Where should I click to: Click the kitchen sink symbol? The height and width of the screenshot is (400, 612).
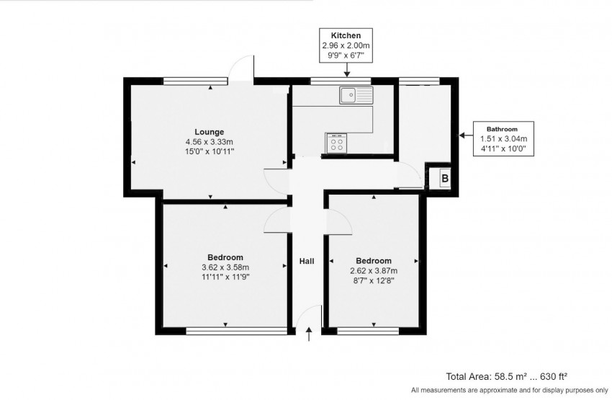click(x=356, y=94)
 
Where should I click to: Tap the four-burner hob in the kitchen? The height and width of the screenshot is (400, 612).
click(x=336, y=143)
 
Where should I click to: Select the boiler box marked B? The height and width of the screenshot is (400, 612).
click(x=444, y=178)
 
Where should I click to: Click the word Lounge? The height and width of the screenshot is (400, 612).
click(x=210, y=132)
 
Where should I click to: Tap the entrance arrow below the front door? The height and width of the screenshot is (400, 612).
click(x=310, y=334)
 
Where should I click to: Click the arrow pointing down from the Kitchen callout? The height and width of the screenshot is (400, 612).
click(x=346, y=71)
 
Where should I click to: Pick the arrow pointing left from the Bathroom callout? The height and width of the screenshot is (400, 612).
click(x=463, y=134)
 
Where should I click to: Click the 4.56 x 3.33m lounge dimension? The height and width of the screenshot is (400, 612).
click(x=209, y=142)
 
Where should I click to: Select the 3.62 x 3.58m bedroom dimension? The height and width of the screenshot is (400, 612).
click(x=225, y=267)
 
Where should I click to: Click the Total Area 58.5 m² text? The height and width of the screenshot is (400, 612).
click(x=508, y=376)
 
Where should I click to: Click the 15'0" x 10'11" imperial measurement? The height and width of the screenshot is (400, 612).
click(x=209, y=152)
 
